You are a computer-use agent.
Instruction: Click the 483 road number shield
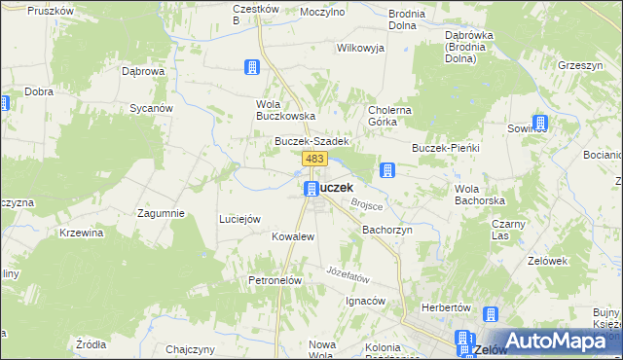[x=313, y=159]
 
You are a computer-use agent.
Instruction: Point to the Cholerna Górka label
[x=390, y=116]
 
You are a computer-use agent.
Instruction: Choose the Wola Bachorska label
[x=477, y=194]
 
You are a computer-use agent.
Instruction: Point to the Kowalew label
[x=292, y=236]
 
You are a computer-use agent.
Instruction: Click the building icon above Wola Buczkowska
[x=252, y=67]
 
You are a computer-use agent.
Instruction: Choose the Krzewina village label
[x=82, y=234]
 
